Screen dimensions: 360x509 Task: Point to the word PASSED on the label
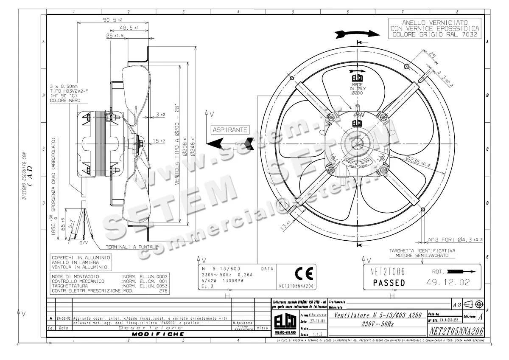point(389,283)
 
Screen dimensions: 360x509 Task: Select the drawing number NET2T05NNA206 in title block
point(456,331)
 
